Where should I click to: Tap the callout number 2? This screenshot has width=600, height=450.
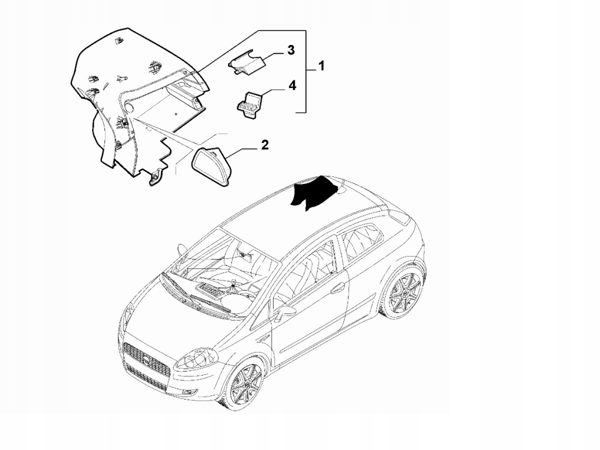coord(264,145)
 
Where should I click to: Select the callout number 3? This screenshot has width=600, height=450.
coord(291,50)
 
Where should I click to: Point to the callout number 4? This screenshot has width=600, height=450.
coord(291,86)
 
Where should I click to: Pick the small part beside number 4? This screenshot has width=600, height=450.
coord(250,104)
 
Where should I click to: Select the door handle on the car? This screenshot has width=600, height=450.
coord(337,288)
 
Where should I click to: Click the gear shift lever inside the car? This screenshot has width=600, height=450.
coord(234,287)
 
